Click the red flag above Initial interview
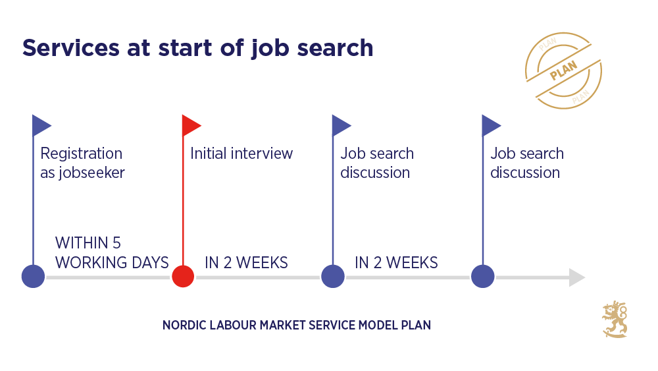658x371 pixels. tap(191, 125)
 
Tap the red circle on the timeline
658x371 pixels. tap(183, 276)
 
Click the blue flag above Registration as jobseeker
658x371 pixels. tap(41, 125)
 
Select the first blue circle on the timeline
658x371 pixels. tap(33, 276)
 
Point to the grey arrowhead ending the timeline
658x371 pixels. tap(577, 277)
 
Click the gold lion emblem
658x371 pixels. tap(615, 320)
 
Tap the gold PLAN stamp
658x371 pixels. tap(563, 71)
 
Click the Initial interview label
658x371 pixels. tap(241, 154)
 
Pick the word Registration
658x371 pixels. tap(81, 154)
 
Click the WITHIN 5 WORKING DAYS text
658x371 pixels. tap(112, 252)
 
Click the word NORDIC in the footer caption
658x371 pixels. tap(183, 326)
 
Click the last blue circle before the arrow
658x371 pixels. tap(483, 276)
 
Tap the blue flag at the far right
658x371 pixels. tap(491, 125)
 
